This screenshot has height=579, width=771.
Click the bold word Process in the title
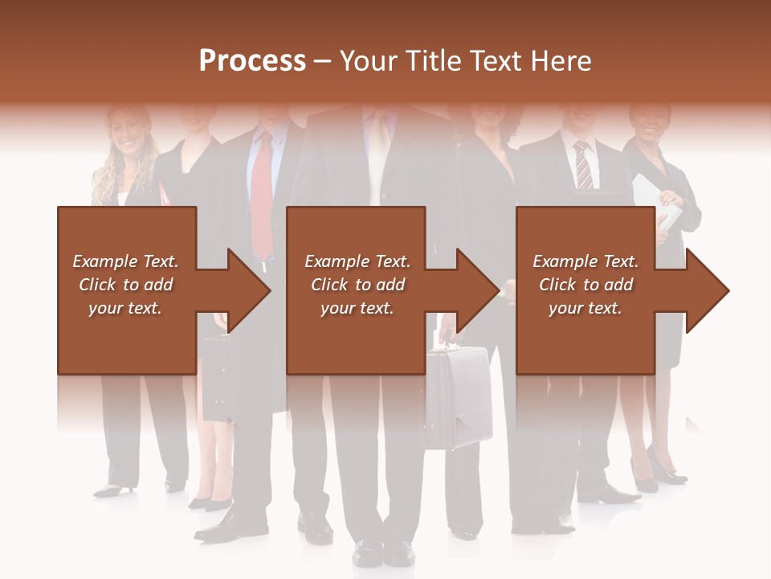pos(252,61)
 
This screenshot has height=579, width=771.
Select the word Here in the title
pos(561,61)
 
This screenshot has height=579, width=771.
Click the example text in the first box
pos(125,285)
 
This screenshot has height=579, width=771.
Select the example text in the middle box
pos(357,285)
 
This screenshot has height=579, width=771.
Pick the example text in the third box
pos(585,285)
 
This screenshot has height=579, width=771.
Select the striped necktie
pos(583,166)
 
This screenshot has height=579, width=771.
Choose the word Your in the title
pos(367,61)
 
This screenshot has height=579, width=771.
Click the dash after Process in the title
pos(323,62)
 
